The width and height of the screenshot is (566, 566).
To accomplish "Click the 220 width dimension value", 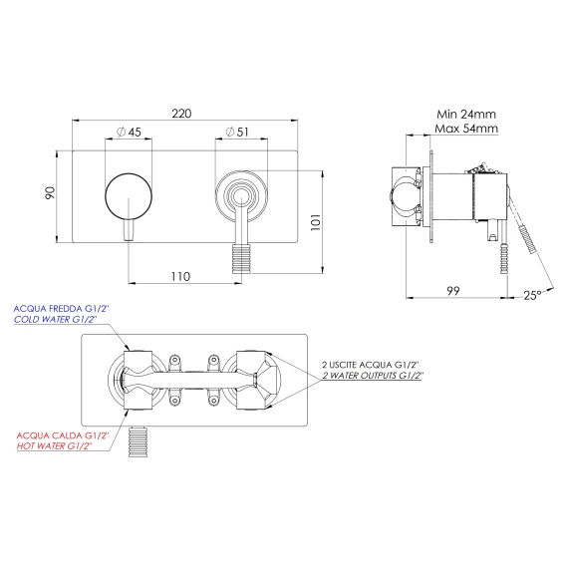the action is (x=181, y=114).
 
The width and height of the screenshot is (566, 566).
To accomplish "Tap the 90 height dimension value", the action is (x=50, y=192).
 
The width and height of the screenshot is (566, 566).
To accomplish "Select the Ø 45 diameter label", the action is (x=129, y=132).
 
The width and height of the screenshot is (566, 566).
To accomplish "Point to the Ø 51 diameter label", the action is (x=237, y=132).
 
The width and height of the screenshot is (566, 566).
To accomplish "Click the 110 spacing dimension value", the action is (x=180, y=277).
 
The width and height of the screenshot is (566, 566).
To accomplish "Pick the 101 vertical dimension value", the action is (x=316, y=222).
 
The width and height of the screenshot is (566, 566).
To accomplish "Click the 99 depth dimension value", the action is (x=453, y=291).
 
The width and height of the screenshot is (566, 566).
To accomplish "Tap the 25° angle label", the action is (x=532, y=295).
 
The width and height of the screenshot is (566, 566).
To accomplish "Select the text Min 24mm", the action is (x=466, y=115).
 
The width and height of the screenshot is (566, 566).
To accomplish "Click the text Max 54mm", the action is (x=466, y=129).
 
